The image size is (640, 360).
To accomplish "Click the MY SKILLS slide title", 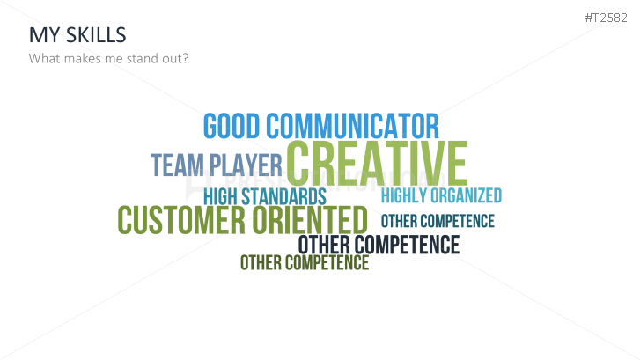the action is (77, 35).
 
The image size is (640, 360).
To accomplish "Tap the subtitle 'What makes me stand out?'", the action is (108, 58).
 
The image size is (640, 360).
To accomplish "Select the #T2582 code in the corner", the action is (606, 18).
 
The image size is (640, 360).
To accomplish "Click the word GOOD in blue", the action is (232, 126).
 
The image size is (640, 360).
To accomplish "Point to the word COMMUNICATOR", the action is (353, 126).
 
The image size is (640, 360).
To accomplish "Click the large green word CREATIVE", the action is (377, 163).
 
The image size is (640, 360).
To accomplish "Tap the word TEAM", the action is (177, 165).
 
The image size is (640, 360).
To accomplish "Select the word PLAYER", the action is (246, 165).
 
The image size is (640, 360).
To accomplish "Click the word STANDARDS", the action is (284, 197).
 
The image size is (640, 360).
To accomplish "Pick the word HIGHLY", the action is (404, 195).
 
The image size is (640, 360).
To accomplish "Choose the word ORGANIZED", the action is (466, 195).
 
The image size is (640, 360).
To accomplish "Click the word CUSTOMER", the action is (181, 220).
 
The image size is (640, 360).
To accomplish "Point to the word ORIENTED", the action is (310, 220).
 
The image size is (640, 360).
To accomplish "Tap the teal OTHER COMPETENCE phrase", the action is (438, 221).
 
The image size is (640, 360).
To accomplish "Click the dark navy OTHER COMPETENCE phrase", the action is (379, 245).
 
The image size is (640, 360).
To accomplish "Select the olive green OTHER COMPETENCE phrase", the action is (305, 262).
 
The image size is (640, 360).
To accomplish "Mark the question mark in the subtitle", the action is (186, 58).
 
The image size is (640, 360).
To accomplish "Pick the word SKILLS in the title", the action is (96, 35).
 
